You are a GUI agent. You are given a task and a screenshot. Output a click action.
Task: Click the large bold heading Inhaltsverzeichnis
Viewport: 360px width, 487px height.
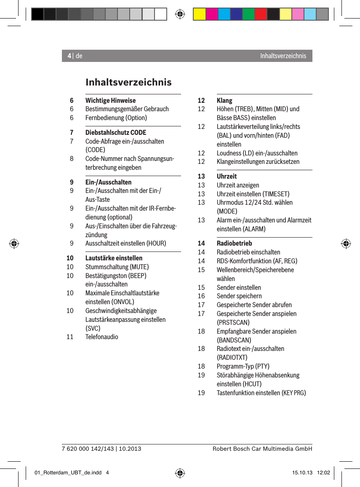click(128, 82)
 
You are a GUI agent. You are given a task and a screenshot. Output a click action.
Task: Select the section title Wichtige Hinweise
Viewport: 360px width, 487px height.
click(110, 100)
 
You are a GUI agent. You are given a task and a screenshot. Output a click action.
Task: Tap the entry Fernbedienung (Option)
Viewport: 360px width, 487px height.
click(116, 118)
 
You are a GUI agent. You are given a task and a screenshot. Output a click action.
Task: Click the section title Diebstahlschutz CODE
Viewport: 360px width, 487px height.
click(116, 132)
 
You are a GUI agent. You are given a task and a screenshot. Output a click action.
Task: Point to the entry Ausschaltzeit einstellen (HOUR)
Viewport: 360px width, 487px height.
click(125, 243)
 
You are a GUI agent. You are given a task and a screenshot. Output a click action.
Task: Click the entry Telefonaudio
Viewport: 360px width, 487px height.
click(102, 337)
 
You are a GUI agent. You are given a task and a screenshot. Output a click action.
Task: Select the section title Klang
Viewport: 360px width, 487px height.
click(224, 100)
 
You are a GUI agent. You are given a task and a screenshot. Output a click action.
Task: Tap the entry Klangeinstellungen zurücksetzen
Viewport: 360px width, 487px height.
click(258, 161)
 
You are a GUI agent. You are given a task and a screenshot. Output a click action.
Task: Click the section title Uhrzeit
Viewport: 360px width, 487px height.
click(227, 176)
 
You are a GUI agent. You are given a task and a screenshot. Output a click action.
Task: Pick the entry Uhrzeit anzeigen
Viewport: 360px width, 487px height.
click(238, 185)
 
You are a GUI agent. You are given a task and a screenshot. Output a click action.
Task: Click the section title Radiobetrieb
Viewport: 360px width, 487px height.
click(234, 243)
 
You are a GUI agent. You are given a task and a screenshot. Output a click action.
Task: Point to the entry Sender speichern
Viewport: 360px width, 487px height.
click(239, 296)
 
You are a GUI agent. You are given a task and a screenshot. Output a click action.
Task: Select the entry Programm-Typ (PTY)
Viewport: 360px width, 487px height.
click(243, 366)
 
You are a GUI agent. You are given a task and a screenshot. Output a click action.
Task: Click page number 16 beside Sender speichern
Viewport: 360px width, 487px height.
click(202, 296)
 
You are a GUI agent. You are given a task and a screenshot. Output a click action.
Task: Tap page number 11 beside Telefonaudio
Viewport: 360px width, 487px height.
click(70, 337)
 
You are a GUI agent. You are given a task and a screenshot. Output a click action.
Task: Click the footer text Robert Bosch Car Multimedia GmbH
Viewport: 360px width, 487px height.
click(262, 449)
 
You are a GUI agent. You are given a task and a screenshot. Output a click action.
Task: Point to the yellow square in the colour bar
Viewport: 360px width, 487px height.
click(199, 14)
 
